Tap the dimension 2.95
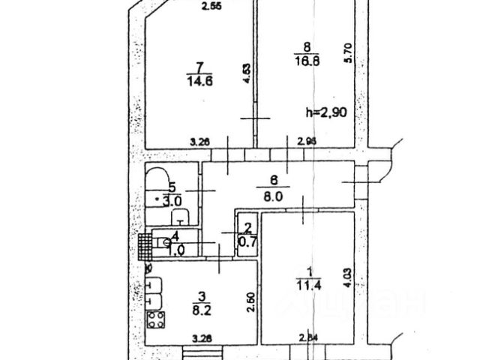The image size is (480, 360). coord(306,140)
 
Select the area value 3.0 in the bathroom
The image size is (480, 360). coord(172,201)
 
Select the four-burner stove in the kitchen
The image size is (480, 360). coord(156,321)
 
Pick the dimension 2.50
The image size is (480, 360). coord(250,300)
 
